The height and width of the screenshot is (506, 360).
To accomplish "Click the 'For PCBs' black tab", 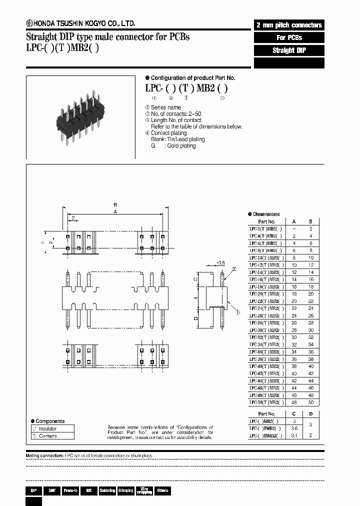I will point(289,37).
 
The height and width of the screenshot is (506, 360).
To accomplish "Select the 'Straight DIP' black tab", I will point(289,50).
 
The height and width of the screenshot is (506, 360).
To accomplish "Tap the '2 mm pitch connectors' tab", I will point(289,25).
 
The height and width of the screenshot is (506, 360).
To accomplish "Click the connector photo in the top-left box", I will point(80,115).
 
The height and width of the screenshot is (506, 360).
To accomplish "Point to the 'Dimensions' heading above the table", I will point(266,214).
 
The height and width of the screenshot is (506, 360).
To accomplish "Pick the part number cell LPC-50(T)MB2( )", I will point(266,402).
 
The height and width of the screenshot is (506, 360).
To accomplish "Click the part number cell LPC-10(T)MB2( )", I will point(266,257).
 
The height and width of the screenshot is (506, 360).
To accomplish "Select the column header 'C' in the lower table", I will point(293,414).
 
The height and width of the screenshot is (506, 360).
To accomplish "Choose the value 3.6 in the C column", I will point(293,428).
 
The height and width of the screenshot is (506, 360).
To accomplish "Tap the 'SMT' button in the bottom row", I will point(51,490).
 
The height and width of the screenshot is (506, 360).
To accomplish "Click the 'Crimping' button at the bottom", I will point(125,490).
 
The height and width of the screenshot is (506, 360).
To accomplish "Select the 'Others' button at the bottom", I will point(162,490).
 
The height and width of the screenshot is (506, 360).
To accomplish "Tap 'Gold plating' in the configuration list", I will point(181,146).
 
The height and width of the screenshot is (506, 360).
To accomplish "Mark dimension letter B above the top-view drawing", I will point(115,205).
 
